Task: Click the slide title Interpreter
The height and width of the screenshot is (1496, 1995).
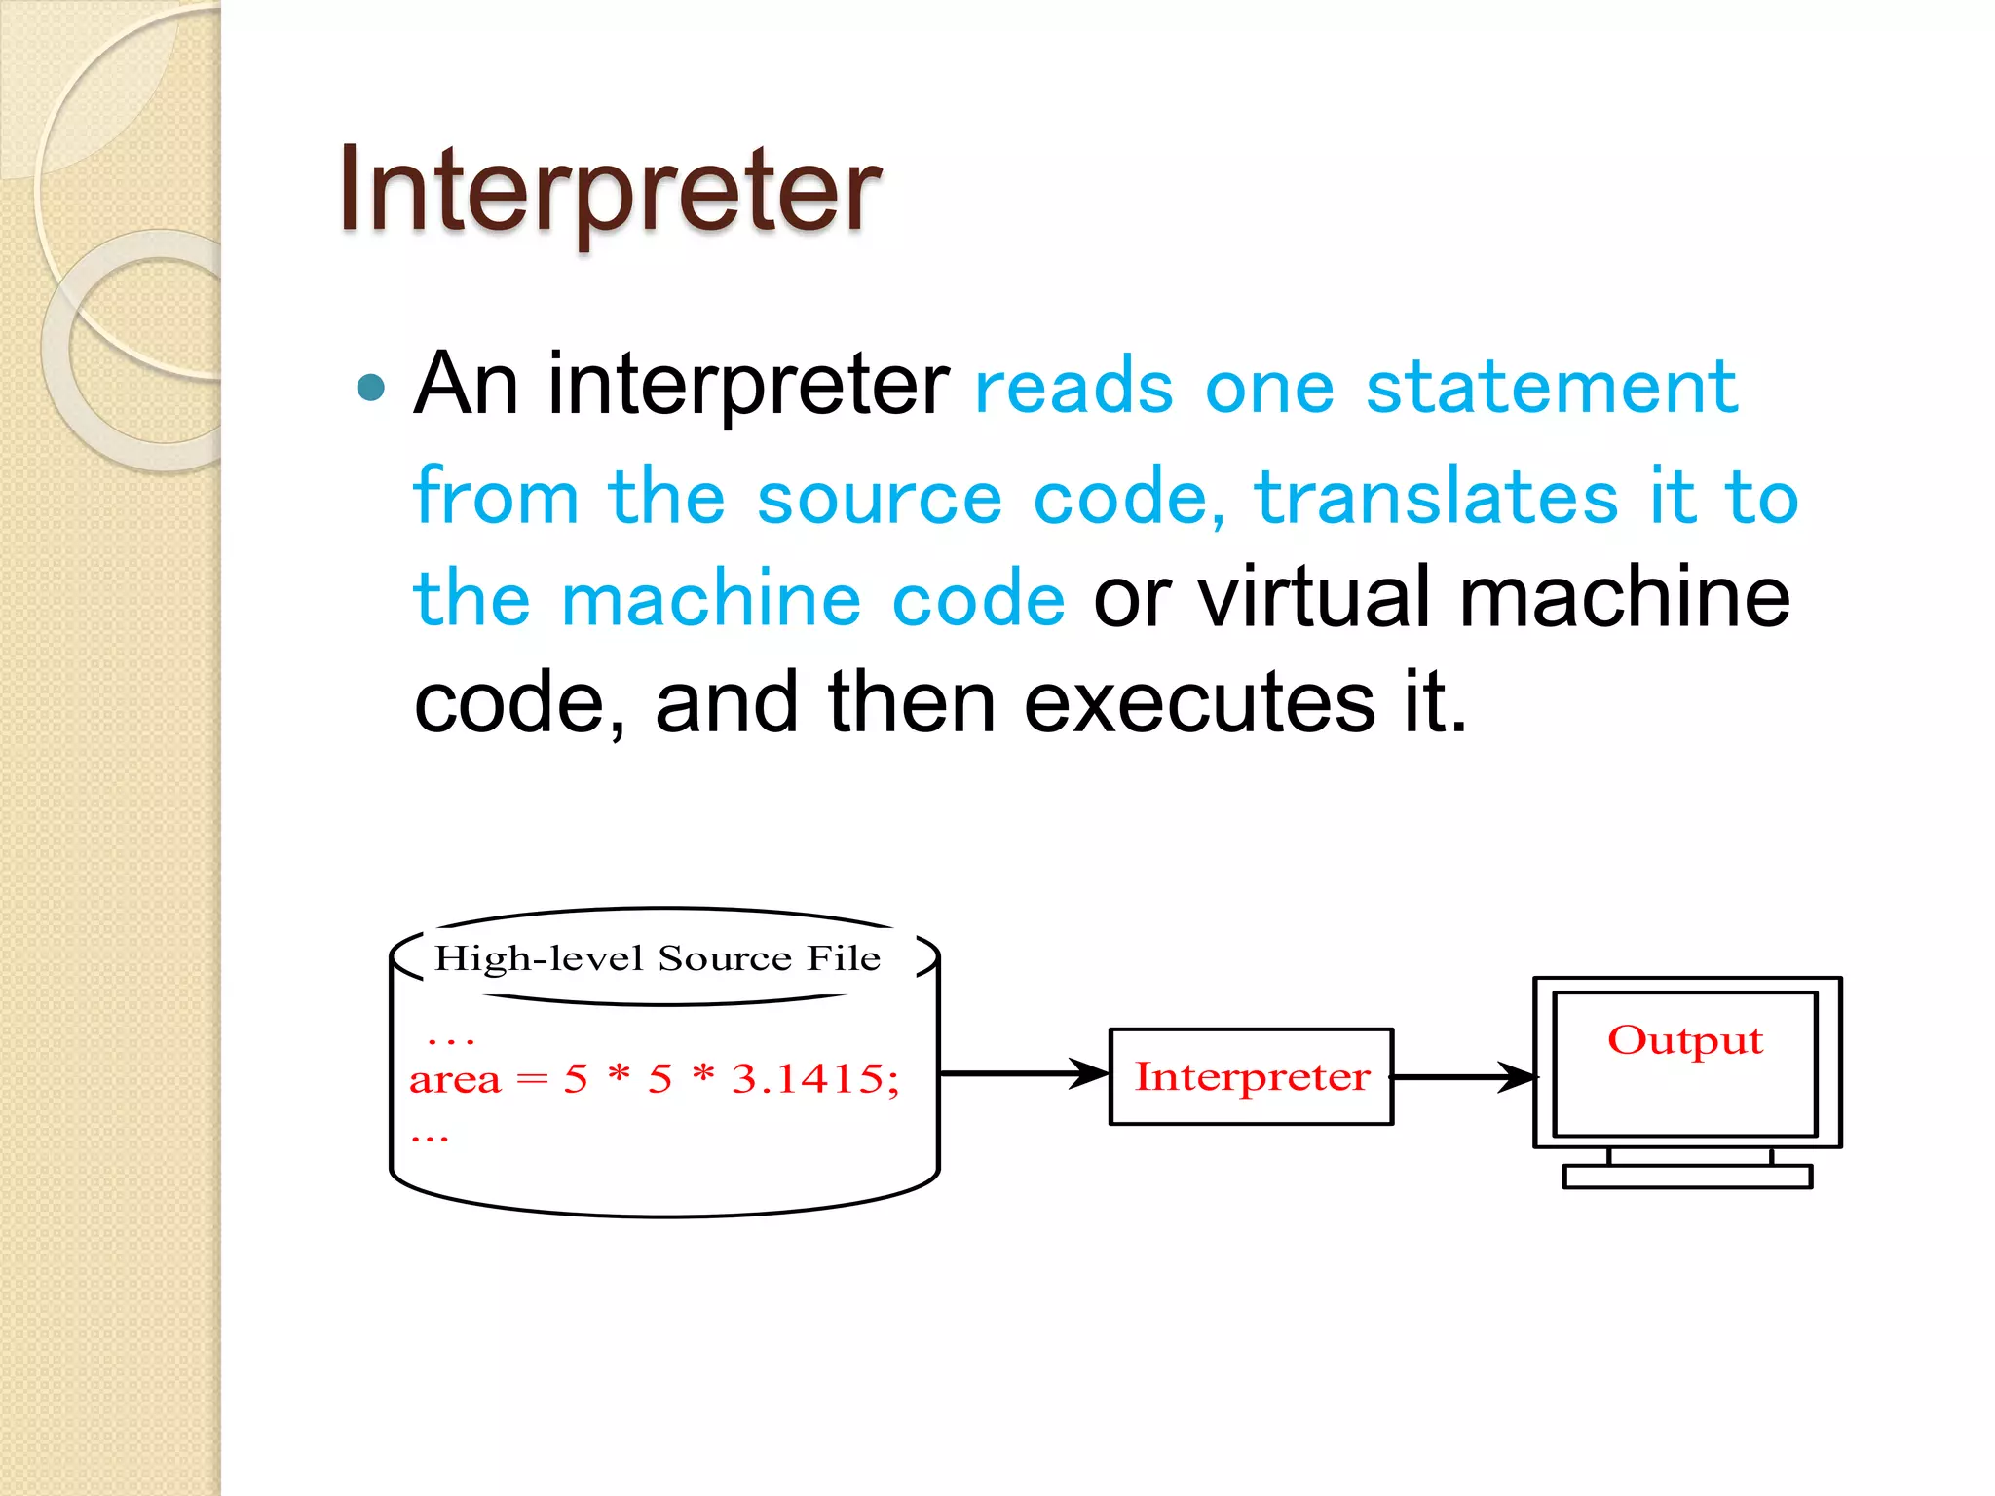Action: pyautogui.click(x=609, y=190)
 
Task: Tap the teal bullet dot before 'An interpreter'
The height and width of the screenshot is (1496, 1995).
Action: pyautogui.click(x=370, y=388)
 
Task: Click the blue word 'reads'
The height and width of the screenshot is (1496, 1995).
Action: pyautogui.click(x=1073, y=388)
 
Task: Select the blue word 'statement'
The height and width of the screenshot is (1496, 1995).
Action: pyautogui.click(x=1552, y=388)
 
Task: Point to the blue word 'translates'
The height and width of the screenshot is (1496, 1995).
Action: pyautogui.click(x=1436, y=497)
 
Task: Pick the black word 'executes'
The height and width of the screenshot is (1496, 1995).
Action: pyautogui.click(x=1200, y=703)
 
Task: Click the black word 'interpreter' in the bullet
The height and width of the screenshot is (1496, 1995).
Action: pyautogui.click(x=748, y=386)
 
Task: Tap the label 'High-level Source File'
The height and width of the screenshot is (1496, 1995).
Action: pyautogui.click(x=658, y=959)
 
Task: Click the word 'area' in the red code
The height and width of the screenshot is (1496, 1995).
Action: pyautogui.click(x=454, y=1080)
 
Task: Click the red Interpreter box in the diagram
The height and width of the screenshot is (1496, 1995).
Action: pyautogui.click(x=1251, y=1077)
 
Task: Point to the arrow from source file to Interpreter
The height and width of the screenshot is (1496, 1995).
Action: pyautogui.click(x=1023, y=1073)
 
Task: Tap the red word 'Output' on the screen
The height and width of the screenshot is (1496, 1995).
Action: pyautogui.click(x=1685, y=1041)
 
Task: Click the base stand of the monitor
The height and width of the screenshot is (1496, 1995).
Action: pyautogui.click(x=1687, y=1177)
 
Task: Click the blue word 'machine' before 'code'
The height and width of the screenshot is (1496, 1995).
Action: pyautogui.click(x=711, y=600)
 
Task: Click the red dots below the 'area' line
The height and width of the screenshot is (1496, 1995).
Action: pyautogui.click(x=430, y=1138)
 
